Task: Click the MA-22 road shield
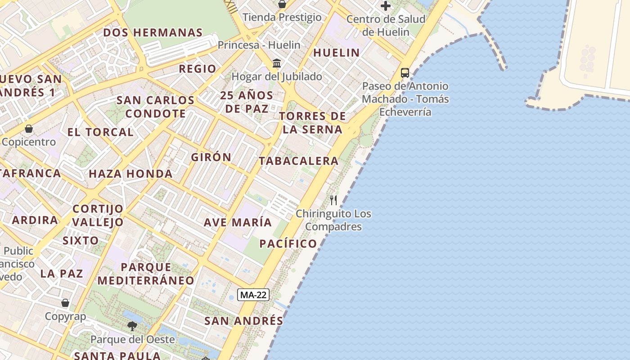point(253,295)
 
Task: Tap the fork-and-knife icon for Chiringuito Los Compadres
point(333,200)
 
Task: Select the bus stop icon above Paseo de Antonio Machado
point(405,72)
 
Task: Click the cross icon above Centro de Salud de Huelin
point(386,6)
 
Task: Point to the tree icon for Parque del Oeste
point(132,326)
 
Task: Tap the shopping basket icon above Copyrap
point(65,303)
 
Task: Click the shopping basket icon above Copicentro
point(29,129)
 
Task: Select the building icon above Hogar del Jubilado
point(277,63)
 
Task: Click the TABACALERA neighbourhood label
point(298,161)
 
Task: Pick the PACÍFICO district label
point(288,244)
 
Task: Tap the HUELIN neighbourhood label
point(337,53)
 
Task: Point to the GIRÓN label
point(211,157)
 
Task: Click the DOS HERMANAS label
point(153,32)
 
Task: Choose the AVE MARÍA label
point(238,222)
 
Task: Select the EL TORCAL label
point(100,132)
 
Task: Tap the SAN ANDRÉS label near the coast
point(243,321)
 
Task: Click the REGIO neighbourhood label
point(198,69)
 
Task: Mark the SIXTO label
point(81,240)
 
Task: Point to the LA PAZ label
point(62,274)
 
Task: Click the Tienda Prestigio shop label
point(282,18)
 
